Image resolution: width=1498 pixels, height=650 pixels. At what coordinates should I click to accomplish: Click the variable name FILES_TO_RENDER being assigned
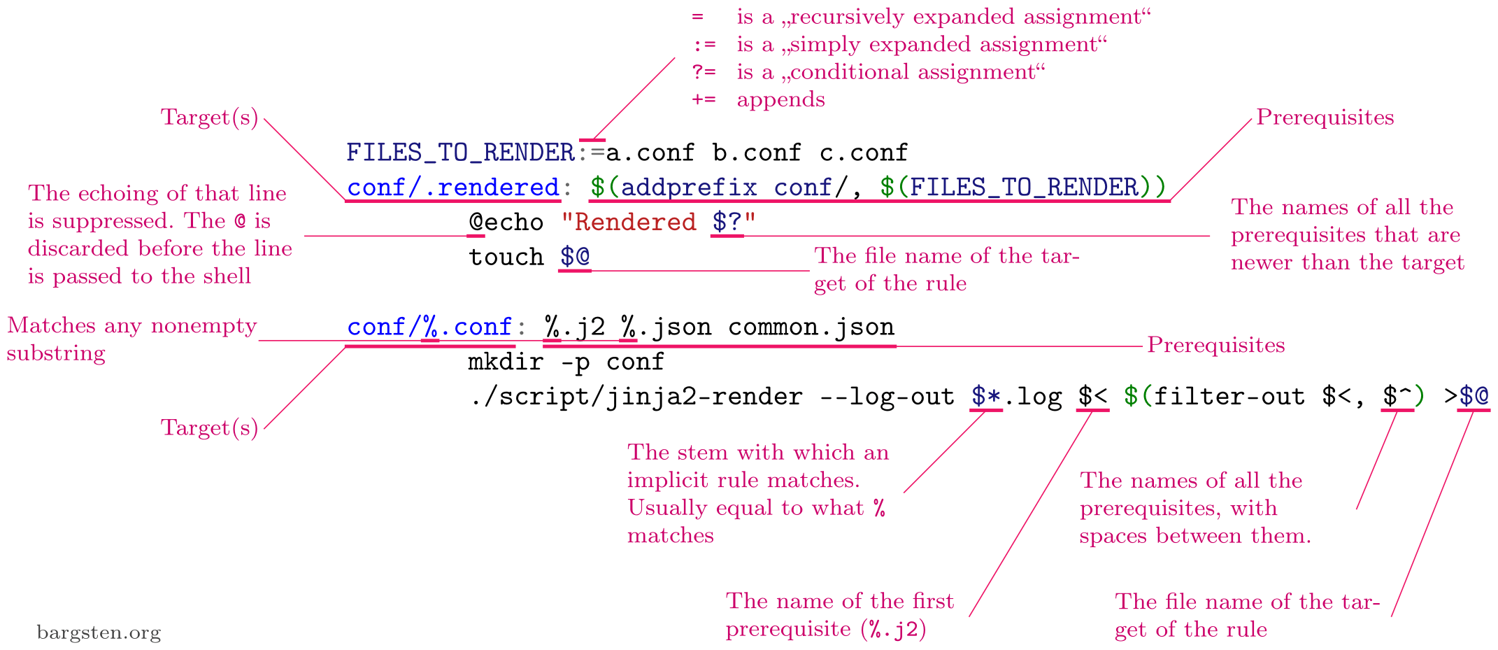(x=460, y=153)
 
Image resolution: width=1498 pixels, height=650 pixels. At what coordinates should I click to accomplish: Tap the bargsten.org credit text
(x=99, y=633)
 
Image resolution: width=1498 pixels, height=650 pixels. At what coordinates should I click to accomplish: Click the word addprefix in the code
(x=689, y=188)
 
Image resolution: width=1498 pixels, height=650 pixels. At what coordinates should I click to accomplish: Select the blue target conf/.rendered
(x=453, y=188)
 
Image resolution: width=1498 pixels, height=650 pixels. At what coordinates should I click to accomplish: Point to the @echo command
(x=506, y=222)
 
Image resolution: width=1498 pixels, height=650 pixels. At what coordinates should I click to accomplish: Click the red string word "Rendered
(x=629, y=222)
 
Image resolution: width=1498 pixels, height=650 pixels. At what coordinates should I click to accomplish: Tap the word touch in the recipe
(x=506, y=257)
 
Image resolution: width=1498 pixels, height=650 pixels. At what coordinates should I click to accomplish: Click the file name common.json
(x=811, y=327)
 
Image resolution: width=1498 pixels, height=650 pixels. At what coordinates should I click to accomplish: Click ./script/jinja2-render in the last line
(x=636, y=397)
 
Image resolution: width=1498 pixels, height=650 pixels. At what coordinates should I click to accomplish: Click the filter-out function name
(x=1229, y=397)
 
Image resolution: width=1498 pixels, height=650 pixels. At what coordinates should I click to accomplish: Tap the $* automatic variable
(x=985, y=397)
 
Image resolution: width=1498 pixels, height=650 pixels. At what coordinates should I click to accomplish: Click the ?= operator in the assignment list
(x=704, y=72)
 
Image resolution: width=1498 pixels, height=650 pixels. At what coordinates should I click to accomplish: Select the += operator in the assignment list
(x=704, y=99)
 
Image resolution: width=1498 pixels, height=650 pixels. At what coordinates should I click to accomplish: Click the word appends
(x=780, y=99)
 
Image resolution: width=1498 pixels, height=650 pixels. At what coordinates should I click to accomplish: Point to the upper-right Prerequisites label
(x=1325, y=117)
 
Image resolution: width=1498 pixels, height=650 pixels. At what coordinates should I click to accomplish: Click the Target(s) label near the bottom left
(x=210, y=428)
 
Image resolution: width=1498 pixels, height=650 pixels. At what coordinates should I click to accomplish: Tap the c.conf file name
(x=864, y=153)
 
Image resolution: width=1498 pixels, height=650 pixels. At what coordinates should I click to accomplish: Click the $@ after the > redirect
(x=1474, y=397)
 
